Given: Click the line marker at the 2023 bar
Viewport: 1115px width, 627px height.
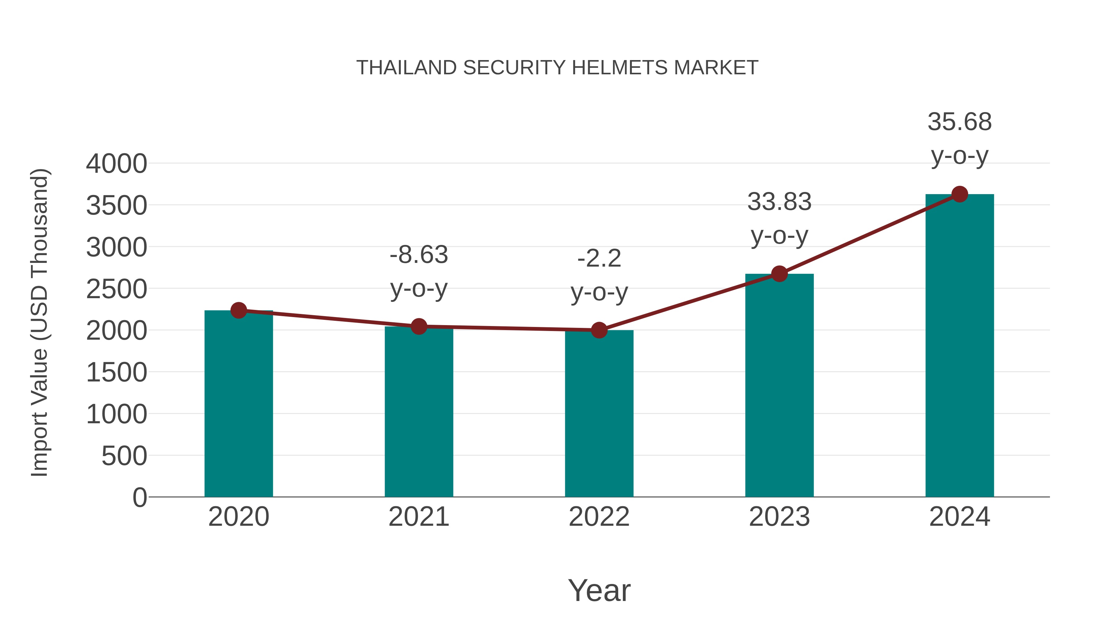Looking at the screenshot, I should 779,274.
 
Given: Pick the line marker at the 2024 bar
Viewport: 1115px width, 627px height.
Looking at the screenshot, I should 960,194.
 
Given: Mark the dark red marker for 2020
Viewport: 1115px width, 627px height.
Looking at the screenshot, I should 238,310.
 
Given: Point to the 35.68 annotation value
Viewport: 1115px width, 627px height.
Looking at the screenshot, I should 960,122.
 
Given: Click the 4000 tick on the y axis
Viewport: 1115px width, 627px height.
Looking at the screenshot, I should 116,164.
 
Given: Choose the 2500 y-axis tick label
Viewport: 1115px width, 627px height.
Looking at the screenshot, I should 116,289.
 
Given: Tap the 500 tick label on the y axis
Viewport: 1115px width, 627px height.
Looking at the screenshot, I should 124,456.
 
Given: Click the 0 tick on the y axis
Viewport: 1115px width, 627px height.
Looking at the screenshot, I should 140,497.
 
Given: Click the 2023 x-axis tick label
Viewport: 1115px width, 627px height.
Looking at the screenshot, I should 779,517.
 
